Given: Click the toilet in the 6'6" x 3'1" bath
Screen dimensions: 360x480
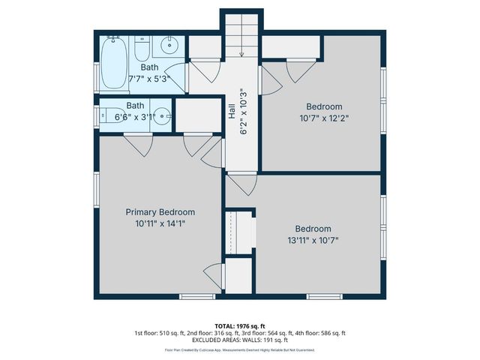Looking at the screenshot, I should coord(105,116).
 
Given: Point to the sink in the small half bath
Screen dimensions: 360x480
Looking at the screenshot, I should coord(164,116).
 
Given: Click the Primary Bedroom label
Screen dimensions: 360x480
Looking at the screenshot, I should coord(160,212).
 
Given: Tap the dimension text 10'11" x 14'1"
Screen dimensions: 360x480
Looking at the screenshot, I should coord(160,223).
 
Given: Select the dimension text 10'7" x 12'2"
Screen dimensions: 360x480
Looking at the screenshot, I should coord(325,118).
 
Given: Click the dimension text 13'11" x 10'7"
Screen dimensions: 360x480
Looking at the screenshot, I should coord(313,240).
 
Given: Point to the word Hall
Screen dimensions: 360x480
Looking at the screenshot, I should coord(232,112).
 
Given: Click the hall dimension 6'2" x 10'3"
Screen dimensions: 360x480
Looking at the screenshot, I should coord(243,112).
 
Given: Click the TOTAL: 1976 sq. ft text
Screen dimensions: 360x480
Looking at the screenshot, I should coord(240,325).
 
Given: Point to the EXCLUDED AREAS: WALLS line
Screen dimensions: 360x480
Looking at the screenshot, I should coord(240,340).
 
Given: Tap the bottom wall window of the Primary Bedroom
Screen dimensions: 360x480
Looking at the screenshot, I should coord(197,297).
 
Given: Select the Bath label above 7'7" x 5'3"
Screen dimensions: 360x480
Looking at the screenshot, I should coord(149,67).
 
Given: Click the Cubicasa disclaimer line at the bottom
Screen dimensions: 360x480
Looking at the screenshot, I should coord(240,350).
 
